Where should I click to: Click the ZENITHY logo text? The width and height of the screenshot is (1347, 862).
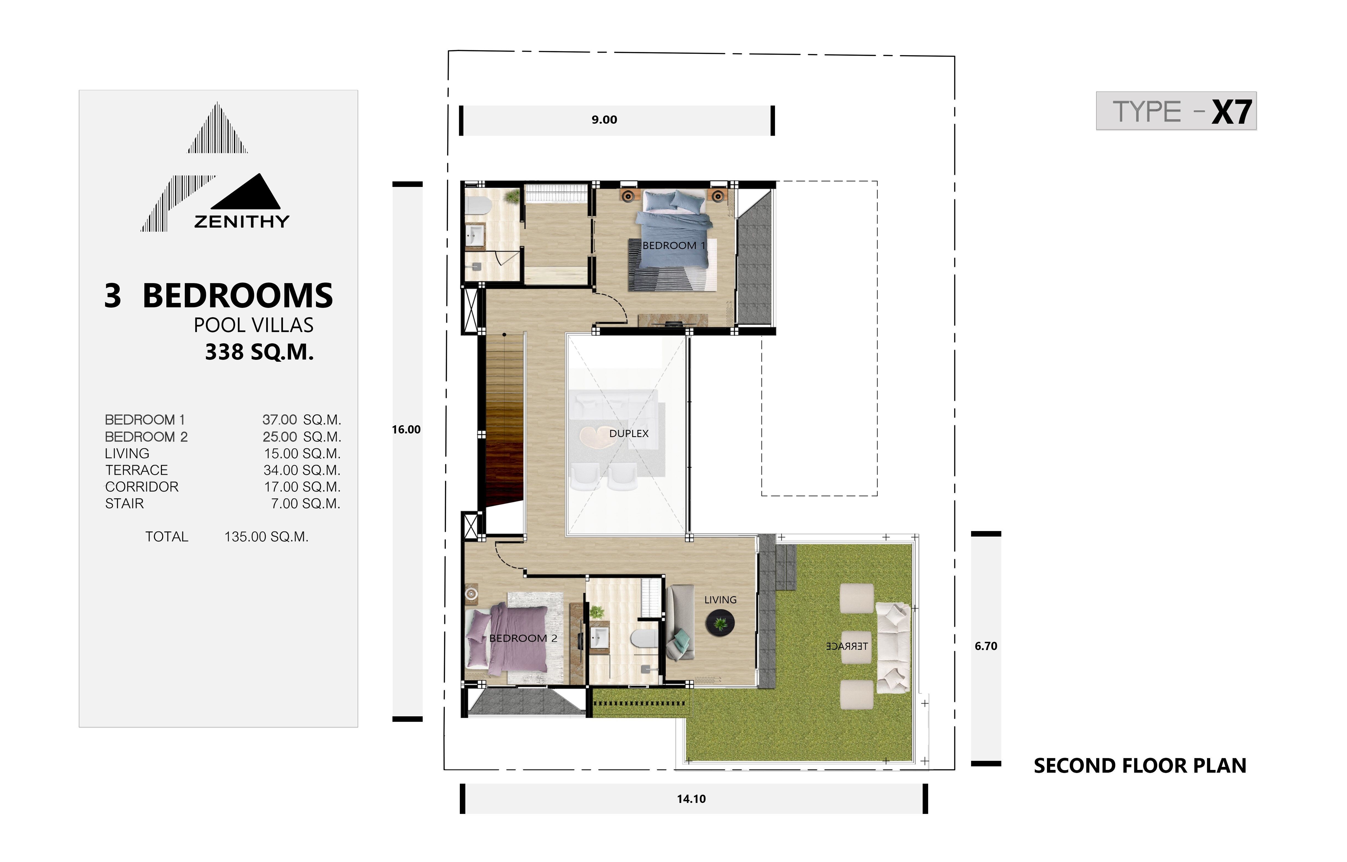coord(242,222)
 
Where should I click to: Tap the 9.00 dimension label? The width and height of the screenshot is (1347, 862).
coord(604,120)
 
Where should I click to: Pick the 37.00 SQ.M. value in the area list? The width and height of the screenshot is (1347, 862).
coord(302,420)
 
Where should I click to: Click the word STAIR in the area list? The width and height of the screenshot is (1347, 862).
coord(124,504)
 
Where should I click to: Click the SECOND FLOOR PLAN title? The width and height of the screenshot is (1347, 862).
coord(1140,766)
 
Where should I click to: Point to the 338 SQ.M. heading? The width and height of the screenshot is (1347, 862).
coord(259,352)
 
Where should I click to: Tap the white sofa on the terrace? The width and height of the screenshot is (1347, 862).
coord(892,648)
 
